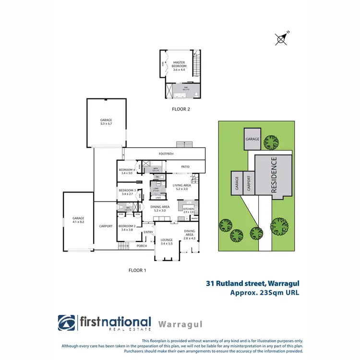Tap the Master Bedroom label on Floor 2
coord(179,66)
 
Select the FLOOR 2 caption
coord(181,109)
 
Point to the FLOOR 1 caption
coord(137,270)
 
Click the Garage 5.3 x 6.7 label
coord(106,122)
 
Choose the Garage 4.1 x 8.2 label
coord(78,220)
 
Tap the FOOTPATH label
coord(166,154)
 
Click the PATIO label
coord(185,167)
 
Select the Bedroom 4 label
coord(127,171)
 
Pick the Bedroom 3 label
coord(127,192)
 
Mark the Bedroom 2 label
coord(127,228)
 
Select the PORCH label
coord(142,246)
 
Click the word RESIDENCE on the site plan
coord(274,175)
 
